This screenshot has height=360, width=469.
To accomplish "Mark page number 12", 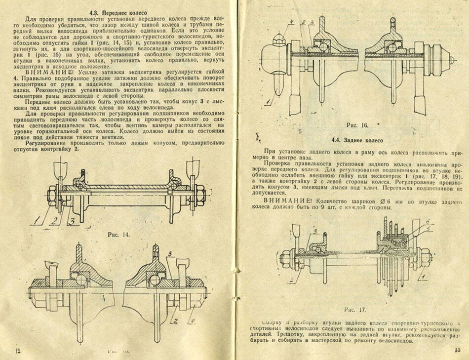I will coord(18,351).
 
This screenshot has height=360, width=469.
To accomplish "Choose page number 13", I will coord(457,350).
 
